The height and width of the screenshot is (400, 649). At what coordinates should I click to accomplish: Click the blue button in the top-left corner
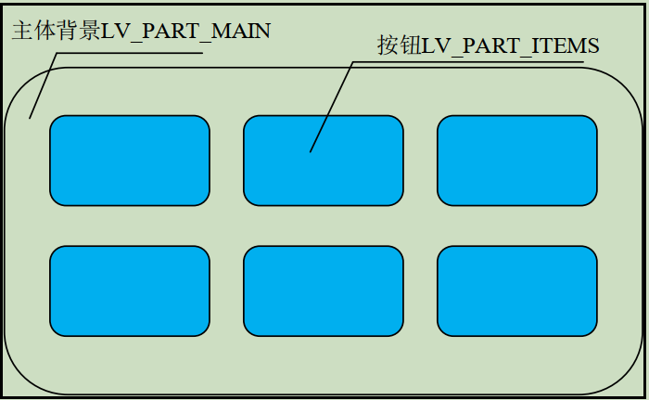point(130,160)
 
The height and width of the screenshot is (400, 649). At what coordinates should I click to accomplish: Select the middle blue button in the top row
point(324,160)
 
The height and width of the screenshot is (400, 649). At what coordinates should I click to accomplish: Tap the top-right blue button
point(517,160)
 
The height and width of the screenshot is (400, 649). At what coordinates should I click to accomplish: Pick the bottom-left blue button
point(130,290)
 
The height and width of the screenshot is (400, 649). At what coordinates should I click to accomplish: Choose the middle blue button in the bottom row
point(324,290)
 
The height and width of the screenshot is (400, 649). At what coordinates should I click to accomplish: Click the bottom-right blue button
point(517,290)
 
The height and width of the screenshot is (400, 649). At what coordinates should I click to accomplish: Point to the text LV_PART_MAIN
point(185,31)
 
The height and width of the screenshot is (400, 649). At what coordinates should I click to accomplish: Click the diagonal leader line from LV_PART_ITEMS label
point(332,107)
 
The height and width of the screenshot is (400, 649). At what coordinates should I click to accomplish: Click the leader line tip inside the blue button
point(311,151)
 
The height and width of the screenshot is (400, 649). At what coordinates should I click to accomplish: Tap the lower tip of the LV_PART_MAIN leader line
point(30,118)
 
